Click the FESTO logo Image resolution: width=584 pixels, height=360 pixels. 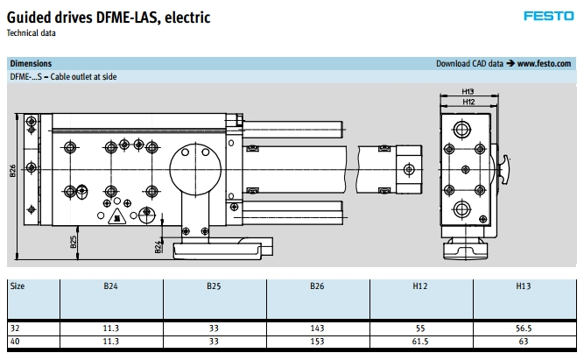click(548, 15)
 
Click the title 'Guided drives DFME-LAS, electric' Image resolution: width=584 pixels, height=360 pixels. click(108, 18)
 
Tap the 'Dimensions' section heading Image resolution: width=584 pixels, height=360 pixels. click(31, 64)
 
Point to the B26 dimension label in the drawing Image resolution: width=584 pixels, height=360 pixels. click(13, 171)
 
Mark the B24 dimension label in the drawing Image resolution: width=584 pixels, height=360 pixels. click(158, 248)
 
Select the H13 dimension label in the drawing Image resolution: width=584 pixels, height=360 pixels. click(468, 91)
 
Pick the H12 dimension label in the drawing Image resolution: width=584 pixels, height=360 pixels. click(468, 102)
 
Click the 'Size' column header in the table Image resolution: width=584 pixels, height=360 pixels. click(18, 286)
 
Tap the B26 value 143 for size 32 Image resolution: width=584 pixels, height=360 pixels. click(318, 326)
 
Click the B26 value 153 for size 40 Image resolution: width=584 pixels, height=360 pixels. click(318, 340)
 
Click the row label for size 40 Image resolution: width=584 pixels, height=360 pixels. click(15, 340)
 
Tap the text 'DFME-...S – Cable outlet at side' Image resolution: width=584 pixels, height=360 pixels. click(63, 76)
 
